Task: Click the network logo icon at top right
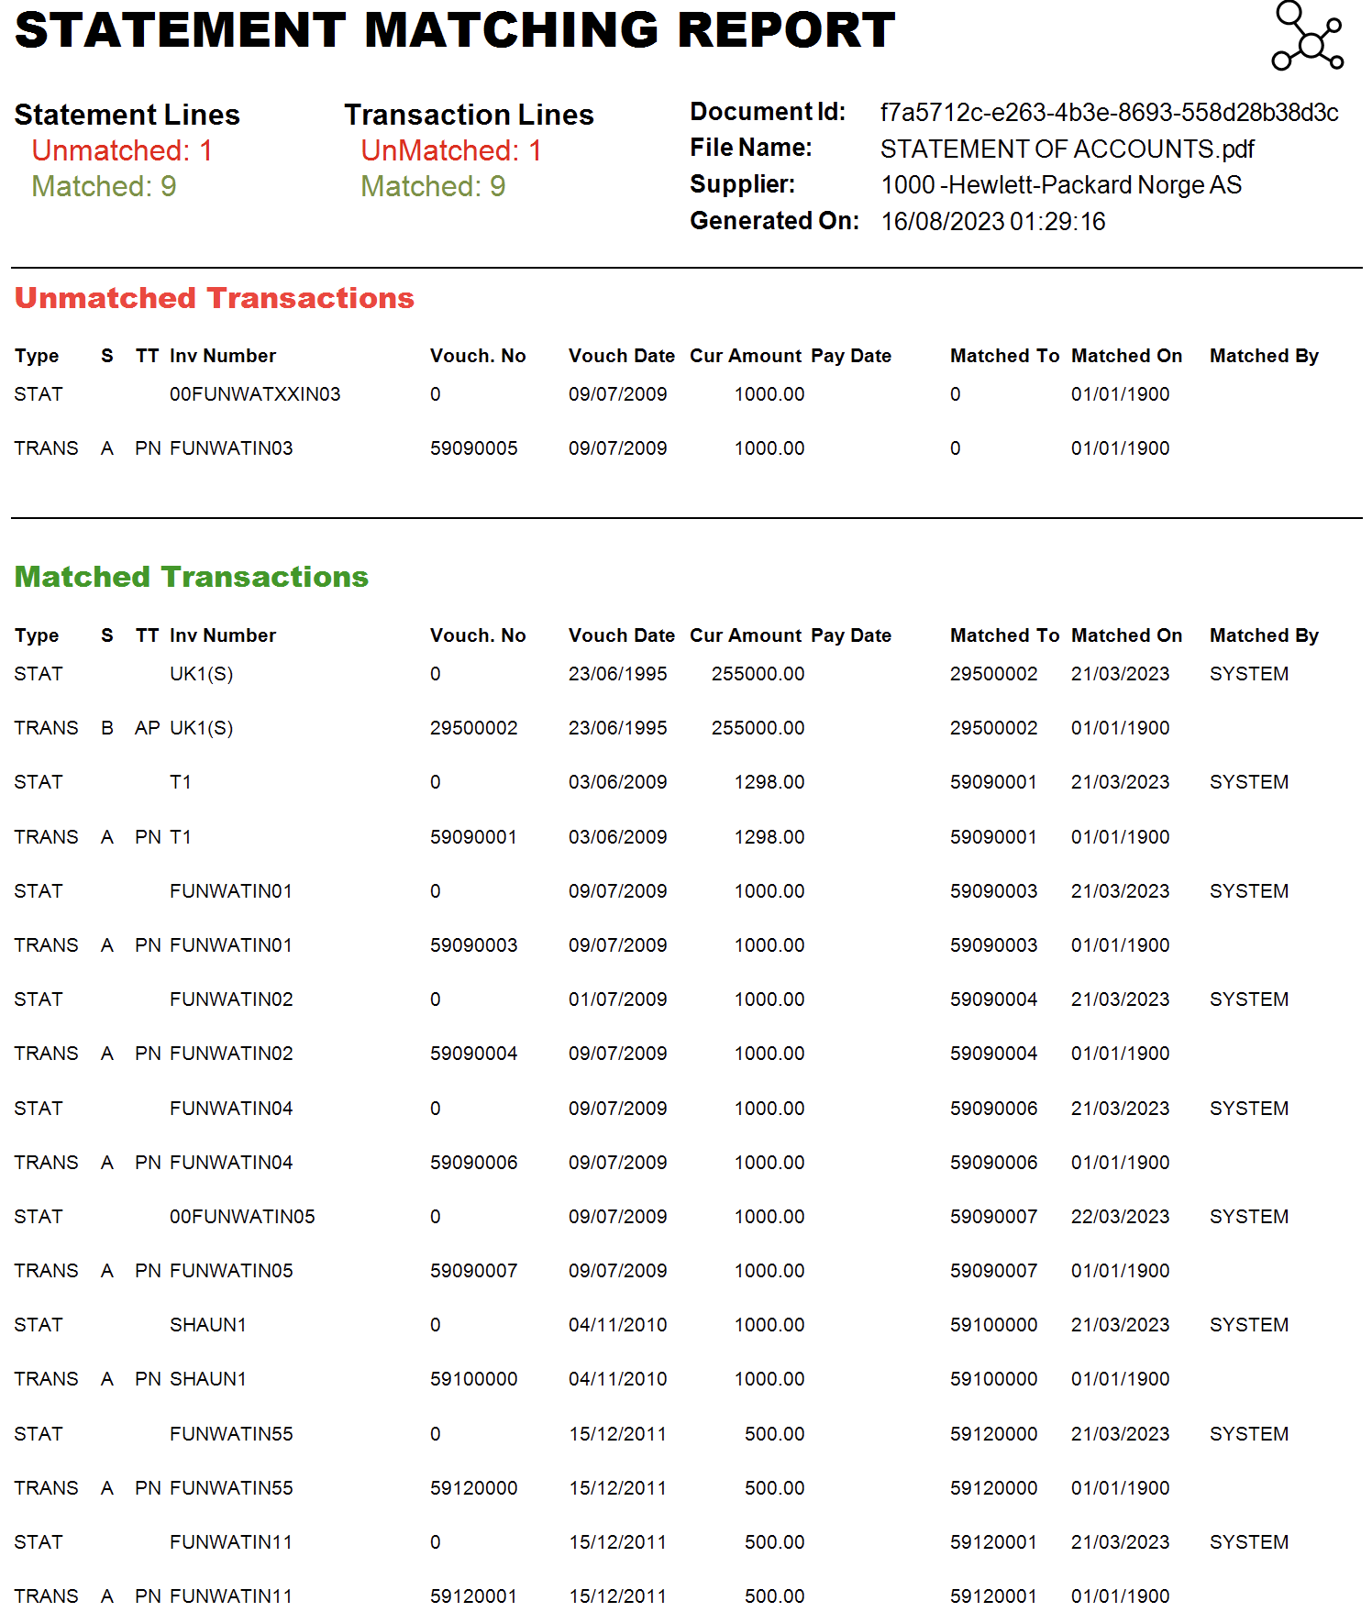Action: (1307, 38)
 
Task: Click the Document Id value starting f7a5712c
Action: (1109, 113)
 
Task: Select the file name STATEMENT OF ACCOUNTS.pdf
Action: (1067, 149)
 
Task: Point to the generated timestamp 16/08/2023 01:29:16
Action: (992, 222)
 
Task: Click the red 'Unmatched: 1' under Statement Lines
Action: (122, 150)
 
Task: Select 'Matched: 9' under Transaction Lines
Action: (433, 187)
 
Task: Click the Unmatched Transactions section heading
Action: (214, 298)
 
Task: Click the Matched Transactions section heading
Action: (191, 577)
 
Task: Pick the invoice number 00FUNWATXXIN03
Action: (255, 394)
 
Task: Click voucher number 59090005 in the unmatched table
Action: (473, 448)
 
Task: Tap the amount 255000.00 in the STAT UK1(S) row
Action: (758, 674)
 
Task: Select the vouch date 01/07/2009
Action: (617, 999)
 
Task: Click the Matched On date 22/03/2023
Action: (1120, 1217)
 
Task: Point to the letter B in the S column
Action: (107, 728)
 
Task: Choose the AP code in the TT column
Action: (147, 728)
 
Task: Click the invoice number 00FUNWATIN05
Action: (242, 1217)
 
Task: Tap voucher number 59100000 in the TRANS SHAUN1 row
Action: (473, 1379)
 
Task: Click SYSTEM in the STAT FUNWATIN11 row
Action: (1248, 1542)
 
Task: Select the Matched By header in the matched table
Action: (1263, 635)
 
